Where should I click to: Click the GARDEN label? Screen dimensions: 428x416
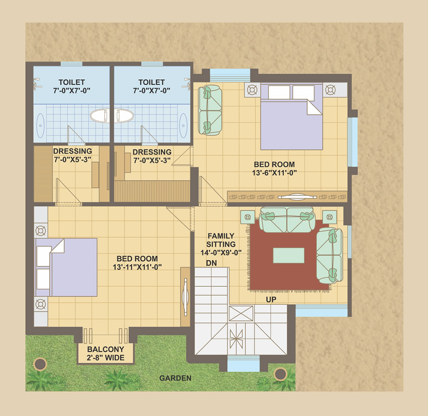coord(175,378)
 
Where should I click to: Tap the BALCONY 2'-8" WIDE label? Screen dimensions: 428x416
coord(106,354)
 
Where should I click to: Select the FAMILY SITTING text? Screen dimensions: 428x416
coord(221,240)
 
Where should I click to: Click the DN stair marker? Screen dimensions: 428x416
coord(211,263)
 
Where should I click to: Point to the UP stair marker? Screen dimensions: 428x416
coord(271,300)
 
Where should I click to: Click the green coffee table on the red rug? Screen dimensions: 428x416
coord(289,256)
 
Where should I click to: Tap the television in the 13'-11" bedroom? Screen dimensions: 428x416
coord(186,297)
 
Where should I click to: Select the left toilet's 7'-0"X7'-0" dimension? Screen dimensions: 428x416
coord(72,90)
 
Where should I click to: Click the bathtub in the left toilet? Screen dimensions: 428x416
coord(40,125)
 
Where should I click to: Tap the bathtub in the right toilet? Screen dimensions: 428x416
coord(183,125)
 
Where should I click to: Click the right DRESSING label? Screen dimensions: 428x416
coord(152,152)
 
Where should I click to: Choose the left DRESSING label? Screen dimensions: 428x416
coord(73,151)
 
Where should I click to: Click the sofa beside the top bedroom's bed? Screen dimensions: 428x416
coord(210,110)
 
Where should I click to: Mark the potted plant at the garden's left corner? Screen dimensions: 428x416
coord(40,364)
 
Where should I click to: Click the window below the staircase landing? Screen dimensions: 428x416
coord(244,364)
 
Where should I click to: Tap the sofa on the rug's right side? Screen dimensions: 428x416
coord(330,256)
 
